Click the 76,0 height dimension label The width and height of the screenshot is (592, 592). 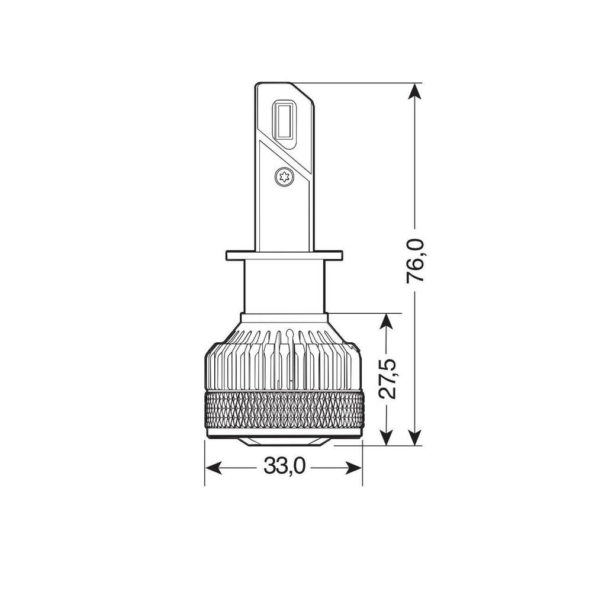[416, 260]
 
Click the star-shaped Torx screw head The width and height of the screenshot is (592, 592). [284, 176]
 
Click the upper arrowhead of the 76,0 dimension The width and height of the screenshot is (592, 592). [416, 92]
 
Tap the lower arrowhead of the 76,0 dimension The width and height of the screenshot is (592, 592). [416, 436]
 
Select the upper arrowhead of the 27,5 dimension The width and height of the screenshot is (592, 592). [386, 323]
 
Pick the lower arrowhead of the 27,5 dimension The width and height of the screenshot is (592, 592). [386, 436]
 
